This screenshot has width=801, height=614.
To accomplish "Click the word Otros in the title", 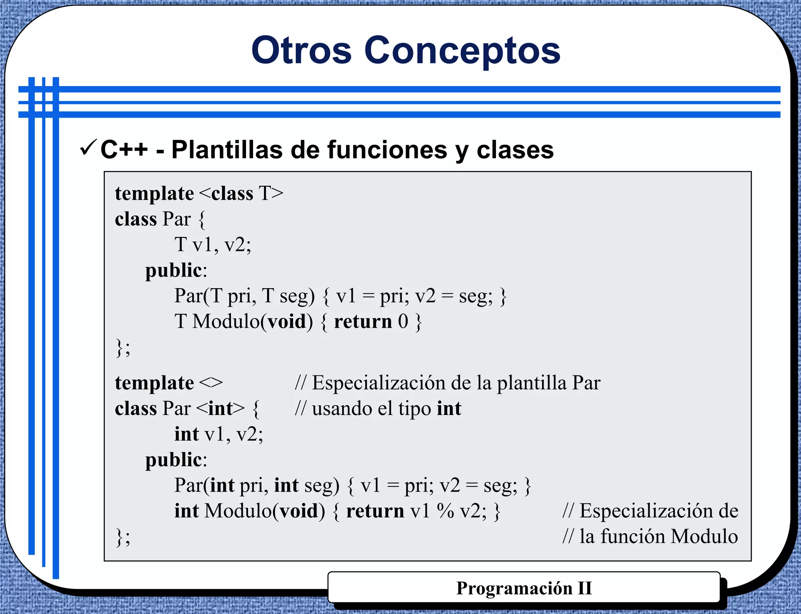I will (x=301, y=51).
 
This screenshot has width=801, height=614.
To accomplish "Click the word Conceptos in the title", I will (x=462, y=51).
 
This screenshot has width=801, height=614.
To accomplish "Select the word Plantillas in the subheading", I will (x=227, y=150).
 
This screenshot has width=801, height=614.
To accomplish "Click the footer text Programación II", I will (x=524, y=588).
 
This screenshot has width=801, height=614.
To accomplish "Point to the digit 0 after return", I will (x=403, y=322).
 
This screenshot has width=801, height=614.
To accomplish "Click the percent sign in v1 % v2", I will (x=445, y=511).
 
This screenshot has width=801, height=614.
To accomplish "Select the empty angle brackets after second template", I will (x=211, y=383).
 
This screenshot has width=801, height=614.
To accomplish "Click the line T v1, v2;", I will (x=212, y=245).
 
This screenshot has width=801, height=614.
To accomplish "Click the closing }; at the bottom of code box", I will (x=123, y=537).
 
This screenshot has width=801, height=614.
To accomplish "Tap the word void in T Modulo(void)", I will (x=287, y=322).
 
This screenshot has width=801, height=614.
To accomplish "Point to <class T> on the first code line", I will (x=241, y=194).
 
